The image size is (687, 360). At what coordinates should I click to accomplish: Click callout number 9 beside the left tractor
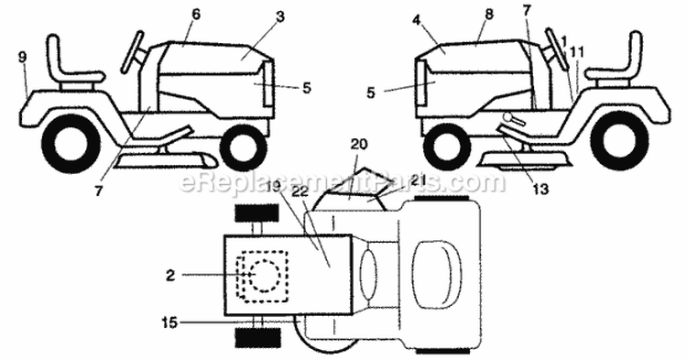22,57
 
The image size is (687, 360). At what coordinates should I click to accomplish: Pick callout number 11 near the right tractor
575,54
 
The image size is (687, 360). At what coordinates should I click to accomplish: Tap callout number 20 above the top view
358,144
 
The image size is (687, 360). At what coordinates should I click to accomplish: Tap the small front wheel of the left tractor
243,147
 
